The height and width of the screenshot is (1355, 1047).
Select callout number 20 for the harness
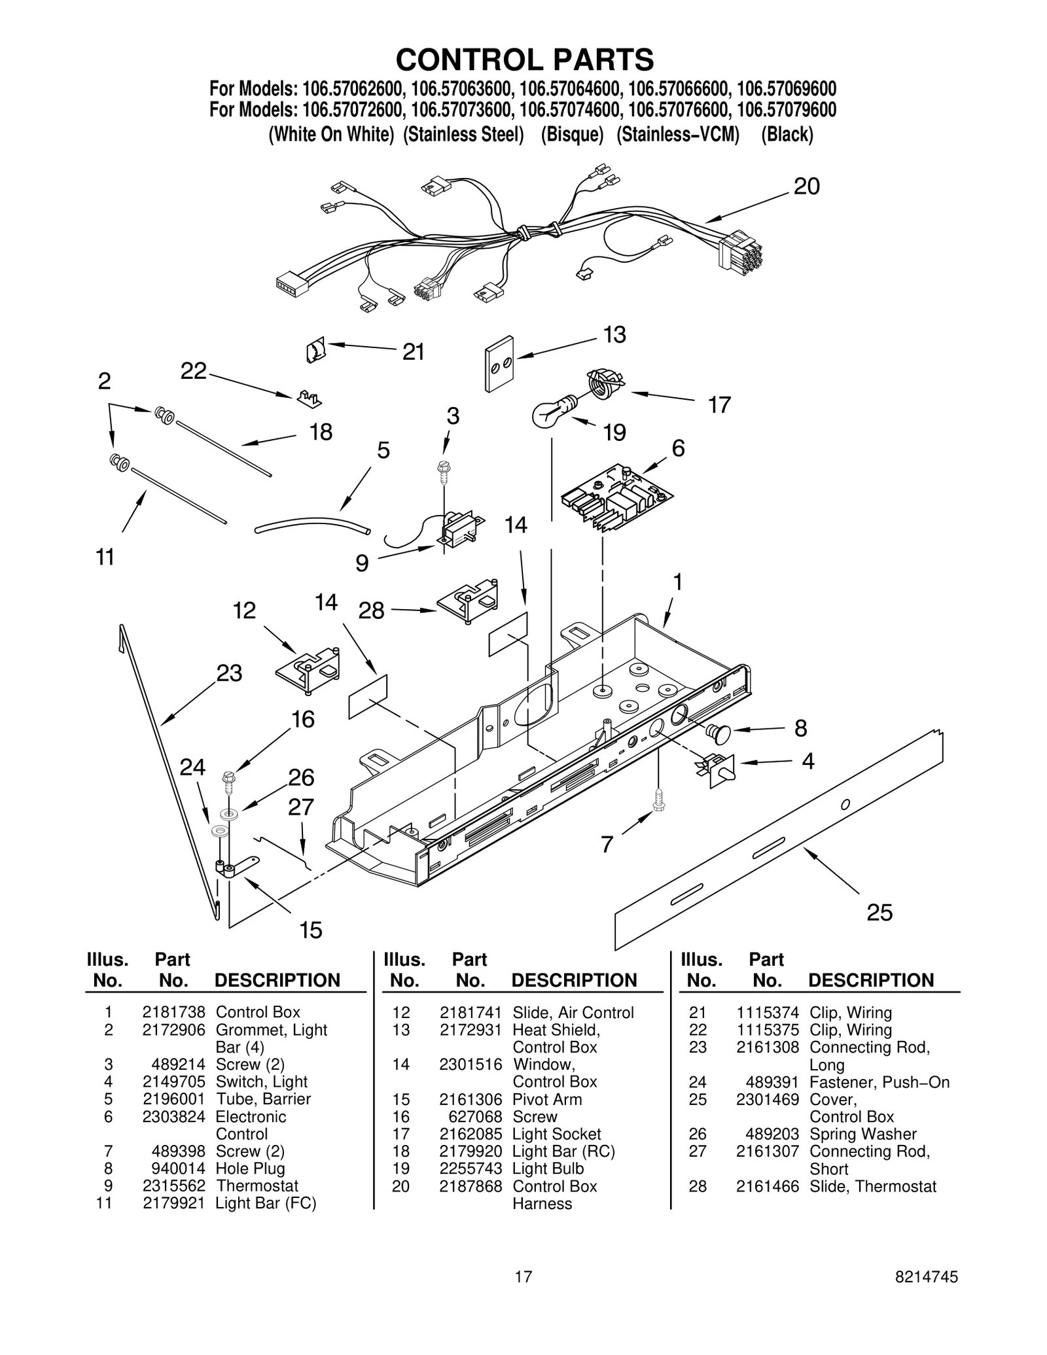pos(806,187)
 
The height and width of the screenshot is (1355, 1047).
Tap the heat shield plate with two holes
pos(499,364)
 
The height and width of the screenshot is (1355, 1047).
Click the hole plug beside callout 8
pos(719,733)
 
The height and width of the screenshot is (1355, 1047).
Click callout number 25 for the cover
pos(879,912)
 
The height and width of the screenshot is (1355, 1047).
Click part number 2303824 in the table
pos(173,1116)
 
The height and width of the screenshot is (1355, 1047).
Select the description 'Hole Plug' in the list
pos(250,1168)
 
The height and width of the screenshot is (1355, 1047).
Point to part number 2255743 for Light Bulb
pos(470,1168)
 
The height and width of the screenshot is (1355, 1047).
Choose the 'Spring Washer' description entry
pos(862,1134)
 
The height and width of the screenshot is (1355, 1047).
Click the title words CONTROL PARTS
pos(524,60)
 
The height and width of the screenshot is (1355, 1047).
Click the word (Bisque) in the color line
pos(572,135)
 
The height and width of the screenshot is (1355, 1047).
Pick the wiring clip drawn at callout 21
pos(315,351)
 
